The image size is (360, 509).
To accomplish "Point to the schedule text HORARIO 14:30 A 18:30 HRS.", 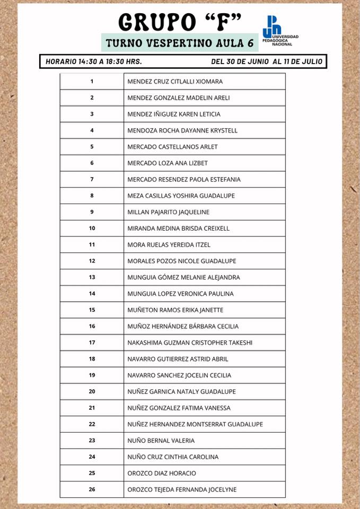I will click(x=93, y=62).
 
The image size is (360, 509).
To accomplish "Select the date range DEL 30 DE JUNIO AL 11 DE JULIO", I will click(x=266, y=62).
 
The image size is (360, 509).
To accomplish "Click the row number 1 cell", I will click(x=92, y=82).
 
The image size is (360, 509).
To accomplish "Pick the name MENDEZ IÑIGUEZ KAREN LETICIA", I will click(x=174, y=114).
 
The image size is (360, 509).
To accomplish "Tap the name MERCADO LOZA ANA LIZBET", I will click(x=168, y=163).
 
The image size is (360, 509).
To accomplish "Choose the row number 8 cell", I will click(x=92, y=196).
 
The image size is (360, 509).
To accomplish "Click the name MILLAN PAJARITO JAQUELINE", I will click(x=169, y=212).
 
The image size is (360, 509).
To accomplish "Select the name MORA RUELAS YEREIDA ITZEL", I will click(x=169, y=245).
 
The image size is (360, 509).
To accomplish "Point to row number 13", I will click(x=92, y=277).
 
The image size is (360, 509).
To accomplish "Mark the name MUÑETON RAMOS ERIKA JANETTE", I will click(x=175, y=310).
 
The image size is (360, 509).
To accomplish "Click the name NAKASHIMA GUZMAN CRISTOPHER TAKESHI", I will click(x=190, y=343).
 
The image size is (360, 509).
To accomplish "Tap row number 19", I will click(x=92, y=375).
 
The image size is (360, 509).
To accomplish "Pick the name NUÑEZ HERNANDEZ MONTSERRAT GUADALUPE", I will click(x=195, y=424).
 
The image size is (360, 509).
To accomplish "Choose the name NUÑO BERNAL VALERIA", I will click(x=161, y=441).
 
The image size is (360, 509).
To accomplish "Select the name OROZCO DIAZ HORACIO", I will click(x=162, y=473).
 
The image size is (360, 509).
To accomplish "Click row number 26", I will click(x=92, y=489).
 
